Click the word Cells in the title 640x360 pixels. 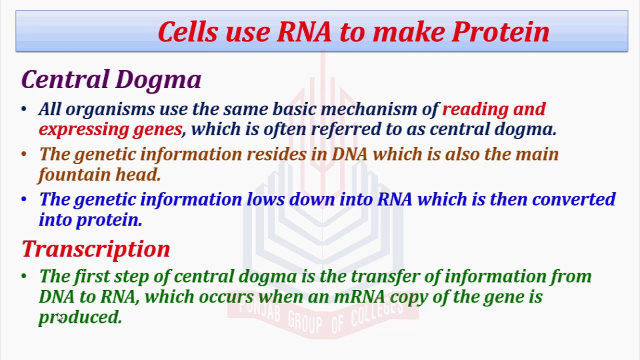[188, 31]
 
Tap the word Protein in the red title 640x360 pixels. [500, 31]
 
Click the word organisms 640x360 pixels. [110, 109]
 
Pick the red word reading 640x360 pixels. [475, 109]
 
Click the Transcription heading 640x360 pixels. [96, 249]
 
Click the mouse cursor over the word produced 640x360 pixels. [59, 317]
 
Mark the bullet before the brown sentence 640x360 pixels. [24, 154]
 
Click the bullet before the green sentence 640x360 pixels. [24, 276]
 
